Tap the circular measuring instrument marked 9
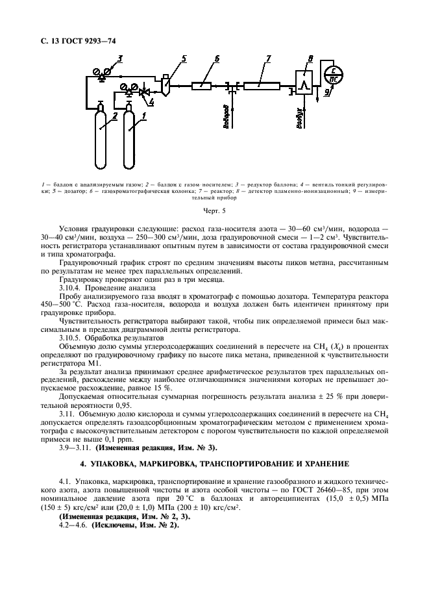(334, 75)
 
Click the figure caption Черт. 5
(214, 210)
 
